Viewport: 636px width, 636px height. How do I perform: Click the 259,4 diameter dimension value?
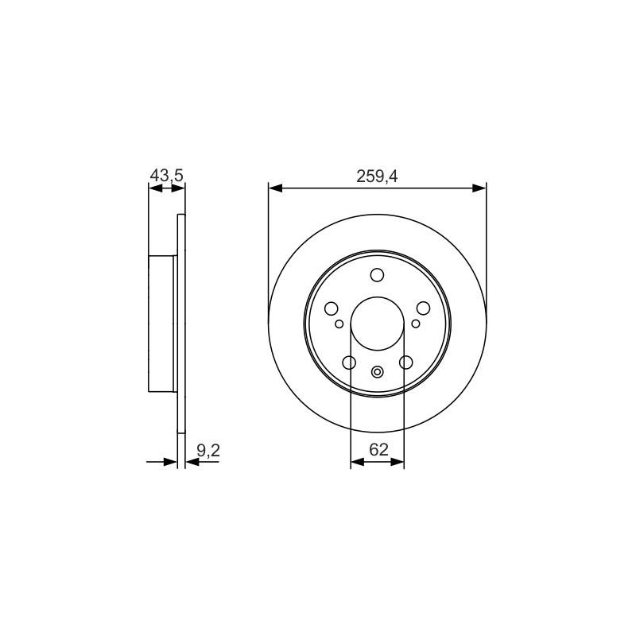377,176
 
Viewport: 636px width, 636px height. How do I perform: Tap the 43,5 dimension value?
167,176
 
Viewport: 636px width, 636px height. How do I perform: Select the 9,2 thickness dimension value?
208,450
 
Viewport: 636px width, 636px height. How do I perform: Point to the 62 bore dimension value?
379,449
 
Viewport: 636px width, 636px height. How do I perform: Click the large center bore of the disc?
377,324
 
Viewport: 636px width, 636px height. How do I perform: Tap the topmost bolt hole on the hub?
377,274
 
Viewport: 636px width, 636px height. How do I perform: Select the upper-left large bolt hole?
332,308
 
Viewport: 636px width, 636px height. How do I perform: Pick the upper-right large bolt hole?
423,308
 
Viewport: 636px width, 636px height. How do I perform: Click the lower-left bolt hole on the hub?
349,363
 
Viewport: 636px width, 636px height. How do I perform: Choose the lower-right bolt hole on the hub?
405,363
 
